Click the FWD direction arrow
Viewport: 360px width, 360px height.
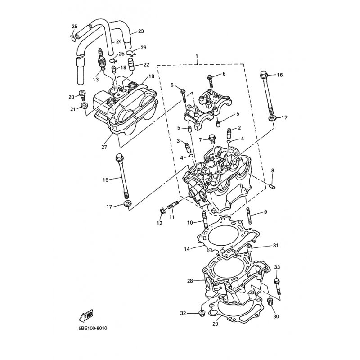click(x=86, y=315)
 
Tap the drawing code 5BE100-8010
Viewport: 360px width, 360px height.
click(x=93, y=328)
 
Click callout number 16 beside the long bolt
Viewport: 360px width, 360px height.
click(x=280, y=75)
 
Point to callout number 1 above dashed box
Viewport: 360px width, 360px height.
click(x=197, y=56)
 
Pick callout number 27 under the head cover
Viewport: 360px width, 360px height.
click(x=104, y=147)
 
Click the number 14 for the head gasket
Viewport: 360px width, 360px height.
click(x=187, y=249)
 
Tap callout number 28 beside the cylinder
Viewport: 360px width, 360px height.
click(x=190, y=281)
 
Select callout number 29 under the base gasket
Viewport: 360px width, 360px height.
click(x=215, y=324)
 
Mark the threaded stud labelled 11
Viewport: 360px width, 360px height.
click(x=172, y=204)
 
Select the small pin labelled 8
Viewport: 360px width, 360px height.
click(x=273, y=187)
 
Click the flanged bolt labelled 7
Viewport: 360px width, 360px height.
click(x=212, y=139)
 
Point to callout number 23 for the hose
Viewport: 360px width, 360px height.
click(x=141, y=31)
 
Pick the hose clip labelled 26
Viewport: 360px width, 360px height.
click(x=131, y=53)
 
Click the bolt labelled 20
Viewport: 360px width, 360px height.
click(x=82, y=95)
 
